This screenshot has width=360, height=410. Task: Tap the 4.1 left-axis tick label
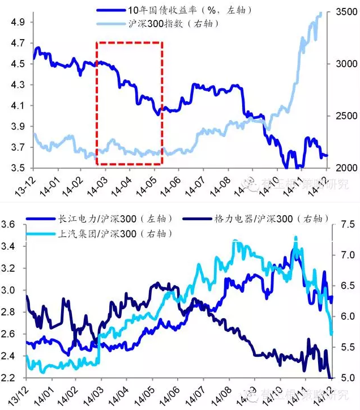pos(17,105)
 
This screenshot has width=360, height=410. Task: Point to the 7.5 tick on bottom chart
pos(344,225)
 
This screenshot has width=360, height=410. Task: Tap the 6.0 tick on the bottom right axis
pos(344,317)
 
